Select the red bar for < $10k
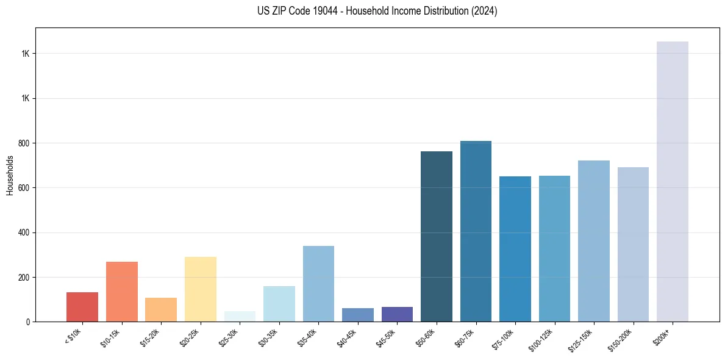[x=82, y=307]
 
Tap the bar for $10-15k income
[x=121, y=292]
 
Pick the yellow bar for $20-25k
[x=201, y=289]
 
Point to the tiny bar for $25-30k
[x=240, y=317]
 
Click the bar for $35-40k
[x=318, y=284]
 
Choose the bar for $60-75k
[x=476, y=231]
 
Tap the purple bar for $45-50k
[x=397, y=314]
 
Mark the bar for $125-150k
[x=593, y=241]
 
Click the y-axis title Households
[x=10, y=175]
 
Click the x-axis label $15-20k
[x=151, y=337]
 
